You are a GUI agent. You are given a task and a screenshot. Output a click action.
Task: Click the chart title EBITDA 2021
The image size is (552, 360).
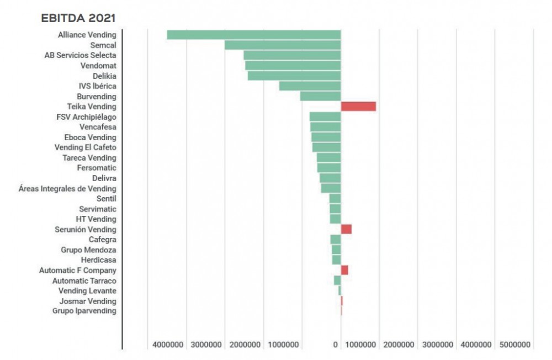(78, 18)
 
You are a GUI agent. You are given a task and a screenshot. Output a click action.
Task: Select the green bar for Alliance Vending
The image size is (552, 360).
(254, 35)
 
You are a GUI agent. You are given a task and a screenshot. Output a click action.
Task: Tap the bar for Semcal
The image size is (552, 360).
(283, 45)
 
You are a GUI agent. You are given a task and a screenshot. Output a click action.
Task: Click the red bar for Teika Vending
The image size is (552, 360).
(358, 107)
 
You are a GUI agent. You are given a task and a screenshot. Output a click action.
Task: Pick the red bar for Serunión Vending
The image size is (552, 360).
(346, 229)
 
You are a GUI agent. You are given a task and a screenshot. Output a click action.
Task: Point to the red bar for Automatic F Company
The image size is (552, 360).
(344, 270)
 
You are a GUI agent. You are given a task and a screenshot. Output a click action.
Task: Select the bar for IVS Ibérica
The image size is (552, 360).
(310, 86)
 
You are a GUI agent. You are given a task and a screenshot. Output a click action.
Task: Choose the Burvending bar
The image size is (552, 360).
(320, 96)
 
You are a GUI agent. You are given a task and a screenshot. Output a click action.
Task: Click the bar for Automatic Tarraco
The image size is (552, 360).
(337, 280)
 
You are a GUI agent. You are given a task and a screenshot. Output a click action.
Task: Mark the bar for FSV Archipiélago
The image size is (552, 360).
(325, 117)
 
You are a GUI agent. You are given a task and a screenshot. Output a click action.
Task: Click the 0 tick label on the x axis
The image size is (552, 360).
(336, 345)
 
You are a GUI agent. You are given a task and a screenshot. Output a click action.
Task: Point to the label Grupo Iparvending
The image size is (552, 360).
(84, 311)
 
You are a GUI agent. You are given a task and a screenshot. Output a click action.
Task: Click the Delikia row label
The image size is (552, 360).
(104, 76)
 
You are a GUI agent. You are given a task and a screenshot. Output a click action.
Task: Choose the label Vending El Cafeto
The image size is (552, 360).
(86, 147)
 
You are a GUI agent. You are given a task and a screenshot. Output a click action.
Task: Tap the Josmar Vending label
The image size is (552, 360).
(88, 301)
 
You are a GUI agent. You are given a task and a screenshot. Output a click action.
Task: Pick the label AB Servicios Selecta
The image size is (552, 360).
(80, 55)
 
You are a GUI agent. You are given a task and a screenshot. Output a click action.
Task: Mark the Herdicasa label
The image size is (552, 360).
(98, 260)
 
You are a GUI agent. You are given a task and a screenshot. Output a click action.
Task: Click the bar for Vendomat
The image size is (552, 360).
(293, 66)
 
